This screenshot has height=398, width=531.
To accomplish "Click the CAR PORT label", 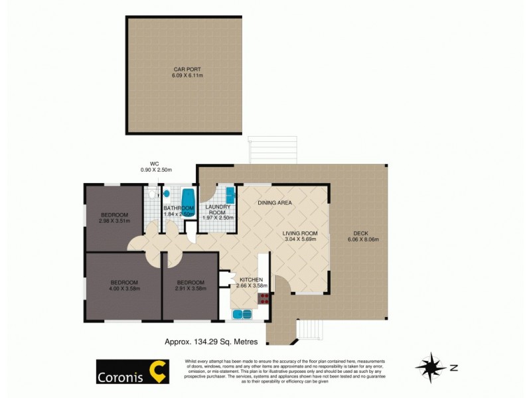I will click(x=185, y=68).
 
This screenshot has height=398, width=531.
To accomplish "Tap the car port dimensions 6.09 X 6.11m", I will click(x=185, y=75).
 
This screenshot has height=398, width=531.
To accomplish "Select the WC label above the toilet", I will click(x=153, y=163).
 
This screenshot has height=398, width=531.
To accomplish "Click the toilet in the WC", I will click(x=152, y=195).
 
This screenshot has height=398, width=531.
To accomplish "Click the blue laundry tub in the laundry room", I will click(x=230, y=194).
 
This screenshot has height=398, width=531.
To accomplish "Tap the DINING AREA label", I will click(x=275, y=202).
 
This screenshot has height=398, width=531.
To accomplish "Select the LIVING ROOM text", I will click(x=300, y=233).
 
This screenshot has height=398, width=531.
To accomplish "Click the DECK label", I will click(x=360, y=233).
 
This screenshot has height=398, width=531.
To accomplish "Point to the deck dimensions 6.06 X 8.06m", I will click(x=360, y=239).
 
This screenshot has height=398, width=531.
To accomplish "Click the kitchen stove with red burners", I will click(x=264, y=298).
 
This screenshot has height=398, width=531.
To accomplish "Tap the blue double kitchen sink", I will click(x=242, y=314).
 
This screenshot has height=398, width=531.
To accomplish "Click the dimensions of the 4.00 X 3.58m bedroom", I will click(x=124, y=289).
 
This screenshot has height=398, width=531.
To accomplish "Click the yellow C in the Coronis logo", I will click(x=157, y=371).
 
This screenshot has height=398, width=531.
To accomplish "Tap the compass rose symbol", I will click(x=430, y=367).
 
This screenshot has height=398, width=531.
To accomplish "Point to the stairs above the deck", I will click(x=272, y=150).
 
